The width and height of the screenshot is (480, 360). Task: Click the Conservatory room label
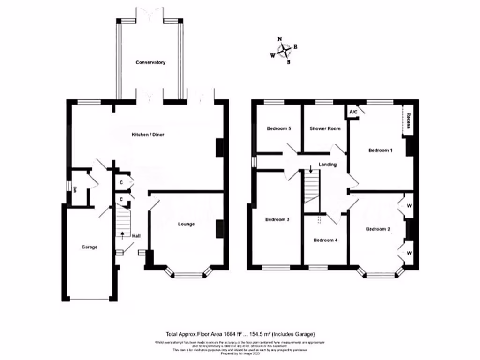click(x=150, y=62)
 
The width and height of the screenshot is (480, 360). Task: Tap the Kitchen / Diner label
click(x=147, y=135)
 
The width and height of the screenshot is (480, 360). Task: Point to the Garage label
click(x=89, y=247)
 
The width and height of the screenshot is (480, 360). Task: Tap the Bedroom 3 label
click(x=277, y=219)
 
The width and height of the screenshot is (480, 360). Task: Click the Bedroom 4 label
click(x=325, y=240)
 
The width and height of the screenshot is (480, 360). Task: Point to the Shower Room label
click(x=325, y=128)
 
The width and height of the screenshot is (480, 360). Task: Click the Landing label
click(x=328, y=165)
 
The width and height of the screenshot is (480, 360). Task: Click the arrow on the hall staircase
click(x=122, y=234)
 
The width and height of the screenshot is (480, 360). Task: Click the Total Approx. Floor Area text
click(x=240, y=334)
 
